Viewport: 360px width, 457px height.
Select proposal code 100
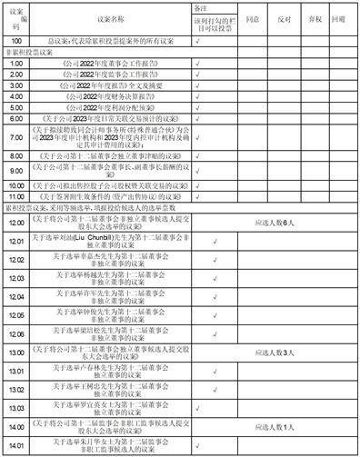(16, 41)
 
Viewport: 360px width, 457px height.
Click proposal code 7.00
(16, 137)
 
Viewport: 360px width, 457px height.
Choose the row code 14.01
(16, 445)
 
